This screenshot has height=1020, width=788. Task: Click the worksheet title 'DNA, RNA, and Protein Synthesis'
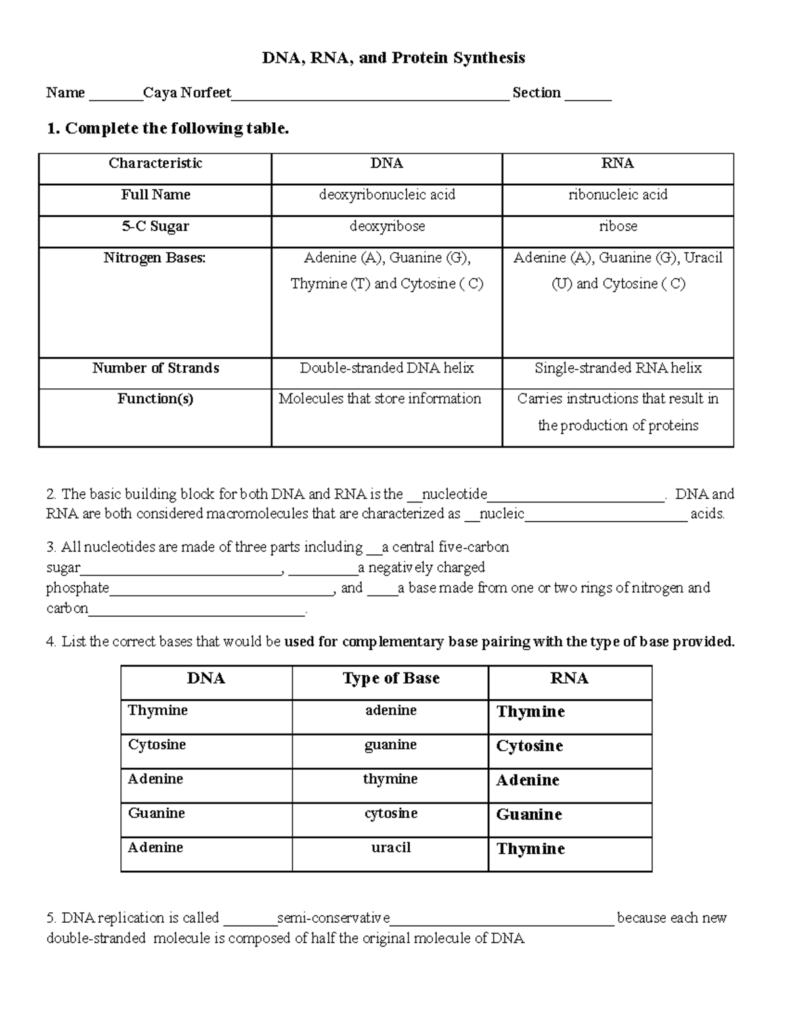coord(393,58)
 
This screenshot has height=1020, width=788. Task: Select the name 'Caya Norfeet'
coord(187,93)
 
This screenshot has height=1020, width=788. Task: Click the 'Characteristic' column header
coord(155,164)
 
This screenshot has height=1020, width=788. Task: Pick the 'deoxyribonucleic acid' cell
coord(387,195)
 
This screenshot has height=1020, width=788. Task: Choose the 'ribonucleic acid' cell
coord(618,195)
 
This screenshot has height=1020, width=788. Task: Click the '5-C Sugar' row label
coord(155,227)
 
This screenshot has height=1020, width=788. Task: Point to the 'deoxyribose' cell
coord(387,227)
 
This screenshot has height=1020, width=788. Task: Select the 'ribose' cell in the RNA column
coord(618,227)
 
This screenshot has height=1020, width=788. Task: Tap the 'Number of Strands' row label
coord(156,368)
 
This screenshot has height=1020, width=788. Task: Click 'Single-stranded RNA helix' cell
coord(618,368)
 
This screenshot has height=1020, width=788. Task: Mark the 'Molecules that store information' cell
coord(380,399)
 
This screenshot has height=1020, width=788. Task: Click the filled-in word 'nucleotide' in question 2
coord(454,494)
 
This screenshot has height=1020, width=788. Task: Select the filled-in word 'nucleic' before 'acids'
coord(502,514)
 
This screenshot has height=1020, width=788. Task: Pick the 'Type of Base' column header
coord(391,678)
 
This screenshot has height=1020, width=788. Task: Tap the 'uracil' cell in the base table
coord(391,848)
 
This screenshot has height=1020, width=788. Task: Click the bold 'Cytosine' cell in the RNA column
coord(529,746)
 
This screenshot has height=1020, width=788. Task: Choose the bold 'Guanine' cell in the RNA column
coord(529,815)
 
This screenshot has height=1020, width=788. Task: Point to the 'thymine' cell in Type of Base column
coord(390,780)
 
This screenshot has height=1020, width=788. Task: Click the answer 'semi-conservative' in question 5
coord(334,918)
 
